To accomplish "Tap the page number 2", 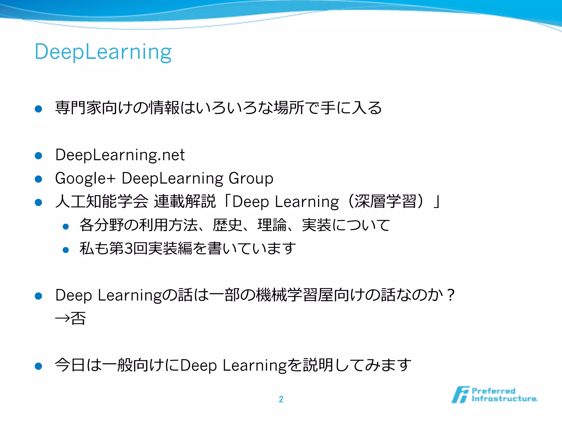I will click(281, 399).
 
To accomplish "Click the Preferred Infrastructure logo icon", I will click(460, 395).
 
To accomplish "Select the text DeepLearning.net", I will click(120, 155).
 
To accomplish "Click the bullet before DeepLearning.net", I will click(38, 156).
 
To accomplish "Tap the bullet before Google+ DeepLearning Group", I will click(38, 179).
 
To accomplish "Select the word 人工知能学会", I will click(102, 201).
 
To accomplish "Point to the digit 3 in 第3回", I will click(128, 249).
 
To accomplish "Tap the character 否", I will click(78, 318).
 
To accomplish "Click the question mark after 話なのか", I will click(450, 295).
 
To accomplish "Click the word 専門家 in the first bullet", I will click(78, 108).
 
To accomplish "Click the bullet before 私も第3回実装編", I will click(66, 250).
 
